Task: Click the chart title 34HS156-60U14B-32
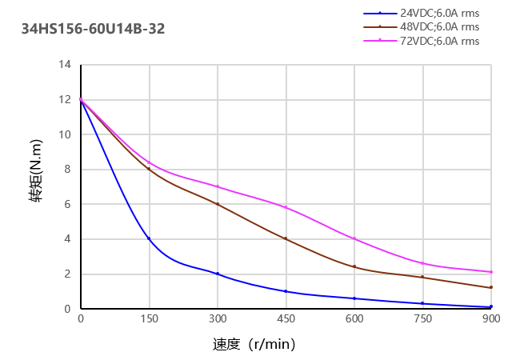coord(94,30)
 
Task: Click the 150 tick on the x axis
coord(149,319)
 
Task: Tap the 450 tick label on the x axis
coord(286,319)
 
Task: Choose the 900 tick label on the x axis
coord(490,319)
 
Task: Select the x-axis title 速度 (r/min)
coord(254,345)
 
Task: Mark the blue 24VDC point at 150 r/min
coord(149,238)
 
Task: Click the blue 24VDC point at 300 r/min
coord(218,274)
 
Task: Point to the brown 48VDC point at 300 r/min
coord(218,204)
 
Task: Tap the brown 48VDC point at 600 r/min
coord(354,266)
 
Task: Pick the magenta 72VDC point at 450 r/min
coord(286,207)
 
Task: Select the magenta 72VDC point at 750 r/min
coord(422,263)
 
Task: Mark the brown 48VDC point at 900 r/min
coord(490,287)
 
